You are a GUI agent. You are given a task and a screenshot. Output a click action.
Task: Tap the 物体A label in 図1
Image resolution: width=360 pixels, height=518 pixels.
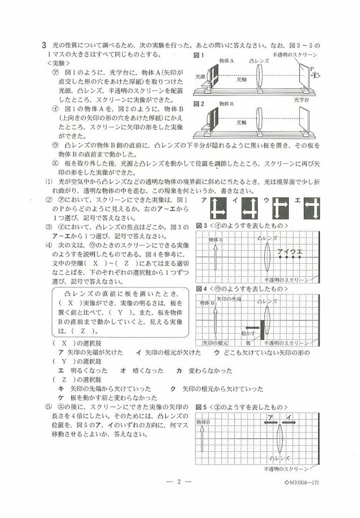coord(226,61)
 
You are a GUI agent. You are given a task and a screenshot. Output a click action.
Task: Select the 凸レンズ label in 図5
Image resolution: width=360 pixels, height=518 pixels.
coord(279,457)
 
